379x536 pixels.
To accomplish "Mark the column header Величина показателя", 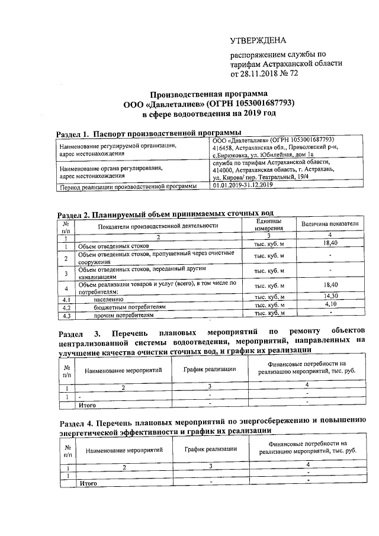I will click(330, 225).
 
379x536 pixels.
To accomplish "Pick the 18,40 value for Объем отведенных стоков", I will click(330, 243).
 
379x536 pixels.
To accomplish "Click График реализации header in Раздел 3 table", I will click(210, 369).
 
